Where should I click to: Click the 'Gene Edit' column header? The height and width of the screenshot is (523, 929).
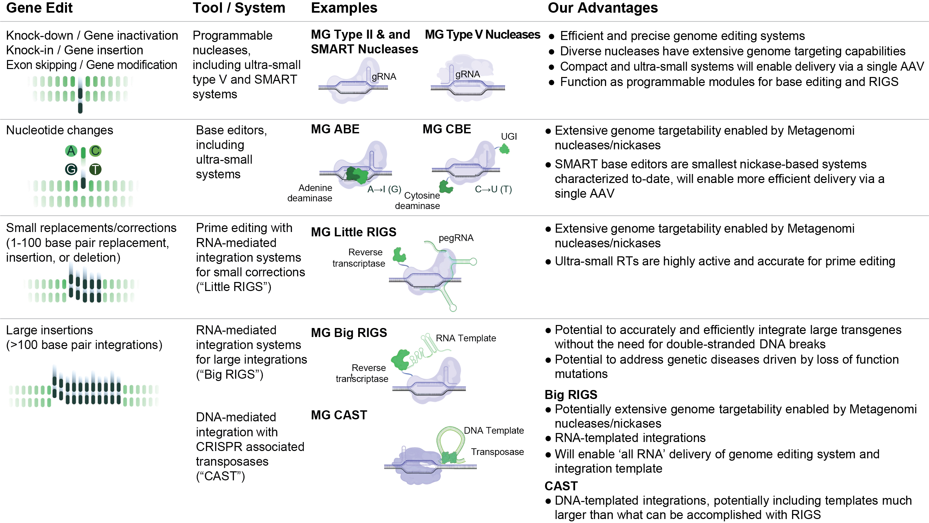coord(39,8)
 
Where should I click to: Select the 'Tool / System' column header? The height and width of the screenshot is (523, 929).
coord(239,8)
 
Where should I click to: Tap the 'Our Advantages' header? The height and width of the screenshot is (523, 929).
coord(603,8)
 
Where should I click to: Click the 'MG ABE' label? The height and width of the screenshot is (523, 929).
coord(335,129)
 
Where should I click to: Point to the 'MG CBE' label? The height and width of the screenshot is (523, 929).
coord(447,129)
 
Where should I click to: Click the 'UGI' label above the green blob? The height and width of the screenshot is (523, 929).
coord(509,136)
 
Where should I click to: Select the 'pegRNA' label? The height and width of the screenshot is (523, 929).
coord(456,238)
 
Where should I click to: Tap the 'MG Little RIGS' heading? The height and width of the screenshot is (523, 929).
coord(354,232)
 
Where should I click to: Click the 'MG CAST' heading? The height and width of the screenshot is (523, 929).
coord(339,415)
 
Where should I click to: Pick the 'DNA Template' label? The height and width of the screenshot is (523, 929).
coord(494,430)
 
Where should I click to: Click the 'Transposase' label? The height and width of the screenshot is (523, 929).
coord(497,452)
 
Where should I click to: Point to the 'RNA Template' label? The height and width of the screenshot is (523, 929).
coord(466,338)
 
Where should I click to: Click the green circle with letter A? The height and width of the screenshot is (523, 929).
coord(71,151)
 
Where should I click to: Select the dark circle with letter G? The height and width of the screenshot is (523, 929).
coord(71,169)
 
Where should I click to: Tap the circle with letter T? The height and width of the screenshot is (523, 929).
coord(95,169)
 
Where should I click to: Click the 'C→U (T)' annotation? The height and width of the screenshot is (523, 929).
coord(493,189)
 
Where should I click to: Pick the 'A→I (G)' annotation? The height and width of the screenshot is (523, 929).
coord(384,189)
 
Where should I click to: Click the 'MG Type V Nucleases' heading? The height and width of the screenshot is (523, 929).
coord(482,35)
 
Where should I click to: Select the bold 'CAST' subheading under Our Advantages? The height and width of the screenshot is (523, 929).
coord(561,486)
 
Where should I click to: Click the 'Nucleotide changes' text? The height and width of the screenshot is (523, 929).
coord(60,130)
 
